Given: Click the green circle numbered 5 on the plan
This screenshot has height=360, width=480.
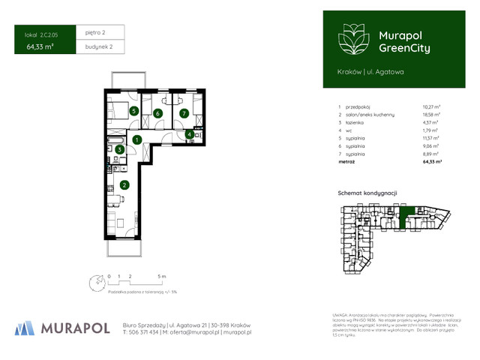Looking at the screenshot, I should pyautogui.click(x=133, y=111).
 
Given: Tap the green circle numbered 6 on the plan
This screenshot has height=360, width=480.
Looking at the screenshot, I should pyautogui.click(x=158, y=113).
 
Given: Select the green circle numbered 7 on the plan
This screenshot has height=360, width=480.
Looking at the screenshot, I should pyautogui.click(x=184, y=113).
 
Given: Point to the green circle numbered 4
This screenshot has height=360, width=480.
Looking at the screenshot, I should pyautogui.click(x=190, y=134).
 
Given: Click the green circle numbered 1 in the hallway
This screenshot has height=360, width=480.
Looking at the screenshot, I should pyautogui.click(x=136, y=139).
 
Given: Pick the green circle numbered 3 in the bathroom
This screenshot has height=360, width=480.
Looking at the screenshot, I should pyautogui.click(x=119, y=149).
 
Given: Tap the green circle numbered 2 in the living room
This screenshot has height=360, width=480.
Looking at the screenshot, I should pyautogui.click(x=124, y=184).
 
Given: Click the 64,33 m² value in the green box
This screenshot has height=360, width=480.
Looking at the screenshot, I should pyautogui.click(x=41, y=46).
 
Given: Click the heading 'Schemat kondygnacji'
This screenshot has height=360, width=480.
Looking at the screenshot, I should pyautogui.click(x=368, y=193).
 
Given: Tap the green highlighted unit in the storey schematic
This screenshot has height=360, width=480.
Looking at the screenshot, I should pyautogui.click(x=407, y=216).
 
